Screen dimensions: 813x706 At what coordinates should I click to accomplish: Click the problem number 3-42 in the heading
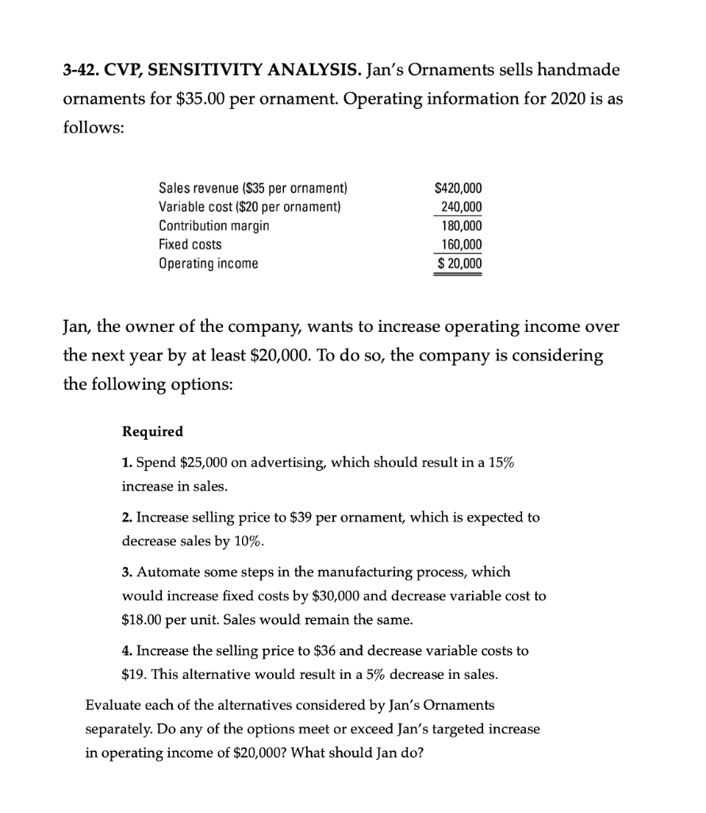pyautogui.click(x=82, y=71)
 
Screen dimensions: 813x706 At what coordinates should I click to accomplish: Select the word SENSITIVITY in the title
pyautogui.click(x=217, y=71)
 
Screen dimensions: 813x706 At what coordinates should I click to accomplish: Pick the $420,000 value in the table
pyautogui.click(x=458, y=188)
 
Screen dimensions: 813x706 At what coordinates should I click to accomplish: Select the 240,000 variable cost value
pyautogui.click(x=461, y=207)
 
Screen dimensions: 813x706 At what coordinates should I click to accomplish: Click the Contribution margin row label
pyautogui.click(x=213, y=225)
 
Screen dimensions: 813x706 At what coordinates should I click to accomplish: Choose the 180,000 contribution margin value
pyautogui.click(x=461, y=225)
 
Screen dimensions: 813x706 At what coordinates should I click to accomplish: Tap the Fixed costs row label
pyautogui.click(x=190, y=245)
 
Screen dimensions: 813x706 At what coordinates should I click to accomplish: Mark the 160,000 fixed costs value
pyautogui.click(x=461, y=245)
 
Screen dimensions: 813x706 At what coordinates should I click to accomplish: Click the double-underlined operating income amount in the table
pyautogui.click(x=458, y=264)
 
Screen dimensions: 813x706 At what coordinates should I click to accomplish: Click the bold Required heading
pyautogui.click(x=152, y=432)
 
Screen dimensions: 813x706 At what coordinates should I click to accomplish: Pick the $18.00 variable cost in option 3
pyautogui.click(x=144, y=618)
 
